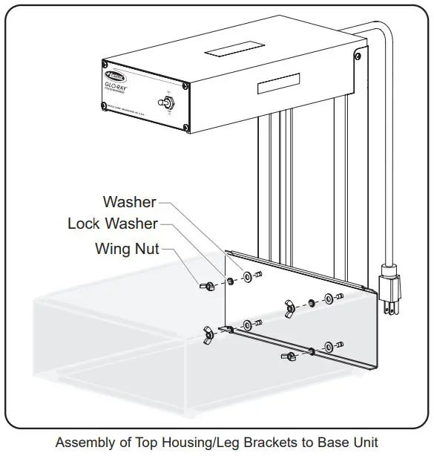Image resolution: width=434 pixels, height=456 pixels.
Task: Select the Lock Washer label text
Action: (112, 223)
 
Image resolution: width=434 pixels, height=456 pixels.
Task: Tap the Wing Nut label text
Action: (127, 248)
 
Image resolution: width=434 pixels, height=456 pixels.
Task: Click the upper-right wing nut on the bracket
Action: (289, 305)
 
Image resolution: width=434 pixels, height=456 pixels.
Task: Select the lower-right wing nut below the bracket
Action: (288, 357)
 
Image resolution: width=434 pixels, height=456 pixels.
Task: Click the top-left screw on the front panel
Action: (104, 64)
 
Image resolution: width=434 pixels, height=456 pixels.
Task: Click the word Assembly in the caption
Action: (84, 443)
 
